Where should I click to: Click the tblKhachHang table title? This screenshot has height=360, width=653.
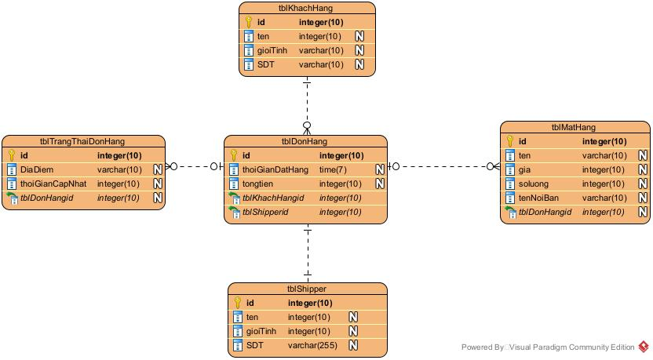coord(307,8)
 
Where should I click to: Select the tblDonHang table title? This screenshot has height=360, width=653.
coord(305,142)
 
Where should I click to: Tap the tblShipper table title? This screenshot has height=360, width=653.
coord(307,289)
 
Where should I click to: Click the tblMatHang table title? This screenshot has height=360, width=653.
coord(574,127)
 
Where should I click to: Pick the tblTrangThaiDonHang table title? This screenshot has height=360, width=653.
coord(82,142)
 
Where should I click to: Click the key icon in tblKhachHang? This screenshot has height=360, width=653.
coord(249,22)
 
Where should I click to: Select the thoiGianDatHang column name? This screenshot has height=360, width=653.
coord(275,169)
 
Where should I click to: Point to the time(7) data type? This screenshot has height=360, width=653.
coord(334,169)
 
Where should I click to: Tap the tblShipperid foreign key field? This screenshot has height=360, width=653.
coord(265,212)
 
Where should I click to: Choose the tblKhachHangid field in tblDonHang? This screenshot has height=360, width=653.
coord(272,198)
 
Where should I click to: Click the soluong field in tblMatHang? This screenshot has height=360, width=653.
coord(534,184)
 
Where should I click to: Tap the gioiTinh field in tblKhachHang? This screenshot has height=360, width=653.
coord(272,50)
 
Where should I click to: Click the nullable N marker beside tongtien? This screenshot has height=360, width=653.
coord(379,184)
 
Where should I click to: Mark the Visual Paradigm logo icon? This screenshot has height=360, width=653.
coord(644,347)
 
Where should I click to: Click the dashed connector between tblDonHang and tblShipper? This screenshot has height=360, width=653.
coord(308,255)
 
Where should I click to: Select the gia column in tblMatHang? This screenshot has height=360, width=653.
coord(525,169)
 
